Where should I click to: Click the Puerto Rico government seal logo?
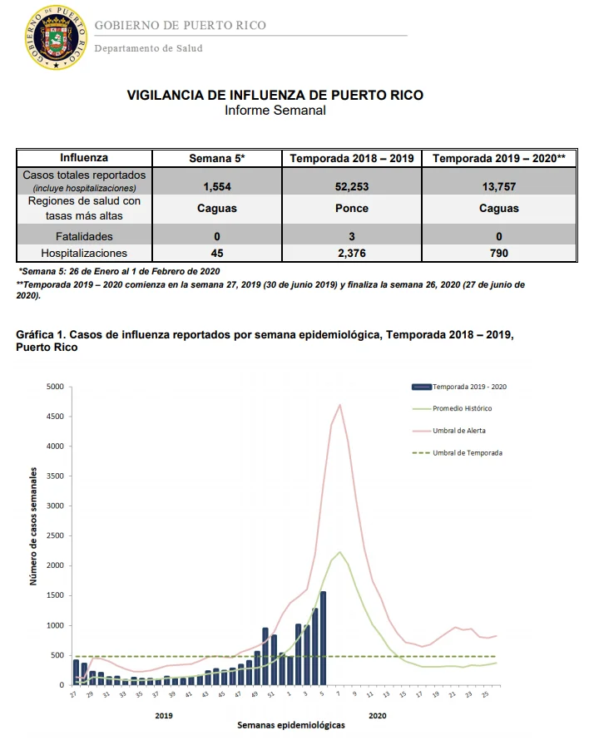click(57, 37)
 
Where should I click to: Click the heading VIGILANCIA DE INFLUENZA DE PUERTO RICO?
click(275, 95)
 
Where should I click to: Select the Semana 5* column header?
click(217, 158)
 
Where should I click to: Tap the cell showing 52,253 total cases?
click(352, 186)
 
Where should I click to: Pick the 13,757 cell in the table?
click(499, 186)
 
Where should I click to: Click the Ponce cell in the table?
click(352, 208)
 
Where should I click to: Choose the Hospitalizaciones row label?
click(84, 253)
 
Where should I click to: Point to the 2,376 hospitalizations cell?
click(352, 253)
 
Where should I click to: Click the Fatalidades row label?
click(84, 236)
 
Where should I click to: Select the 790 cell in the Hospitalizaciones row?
click(499, 253)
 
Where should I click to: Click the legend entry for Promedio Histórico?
click(452, 408)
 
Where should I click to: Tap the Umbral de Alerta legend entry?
click(448, 431)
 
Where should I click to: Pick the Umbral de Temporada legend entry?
click(458, 452)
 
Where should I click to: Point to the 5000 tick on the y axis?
click(55, 387)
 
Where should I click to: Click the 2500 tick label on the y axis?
click(55, 535)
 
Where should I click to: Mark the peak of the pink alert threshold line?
click(339, 404)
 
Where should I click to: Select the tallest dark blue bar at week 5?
click(323, 638)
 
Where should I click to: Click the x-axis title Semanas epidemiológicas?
click(291, 725)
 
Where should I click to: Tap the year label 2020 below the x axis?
click(378, 715)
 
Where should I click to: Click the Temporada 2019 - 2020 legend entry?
click(459, 387)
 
